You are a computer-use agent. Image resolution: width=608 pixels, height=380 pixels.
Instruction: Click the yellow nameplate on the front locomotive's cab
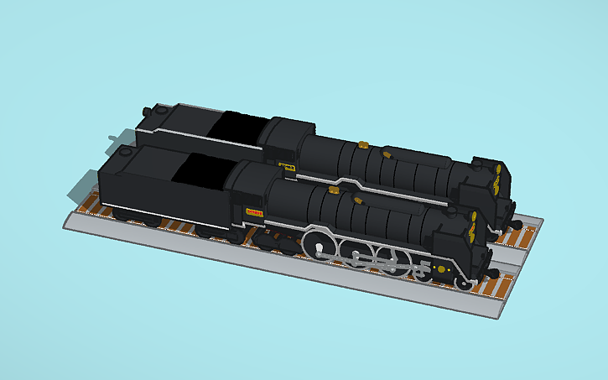click(255, 211)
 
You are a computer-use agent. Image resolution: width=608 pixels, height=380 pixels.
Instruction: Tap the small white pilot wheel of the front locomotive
click(463, 282)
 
